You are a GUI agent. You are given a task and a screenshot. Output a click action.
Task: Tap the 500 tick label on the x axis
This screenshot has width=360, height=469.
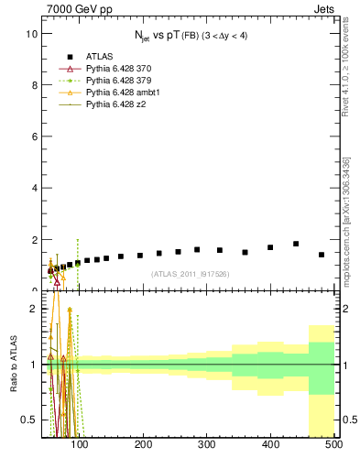(x=333, y=445)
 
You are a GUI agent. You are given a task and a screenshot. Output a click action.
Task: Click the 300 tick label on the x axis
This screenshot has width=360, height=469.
(x=206, y=445)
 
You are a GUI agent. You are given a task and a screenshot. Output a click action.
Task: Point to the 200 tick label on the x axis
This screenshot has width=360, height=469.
(x=143, y=445)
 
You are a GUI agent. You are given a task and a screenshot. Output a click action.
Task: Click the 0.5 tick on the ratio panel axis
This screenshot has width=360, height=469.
(x=28, y=420)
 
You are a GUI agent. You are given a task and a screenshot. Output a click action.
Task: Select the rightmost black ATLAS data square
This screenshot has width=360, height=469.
(x=322, y=255)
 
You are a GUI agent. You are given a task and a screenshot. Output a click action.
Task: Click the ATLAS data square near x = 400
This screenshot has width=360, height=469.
(x=270, y=247)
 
